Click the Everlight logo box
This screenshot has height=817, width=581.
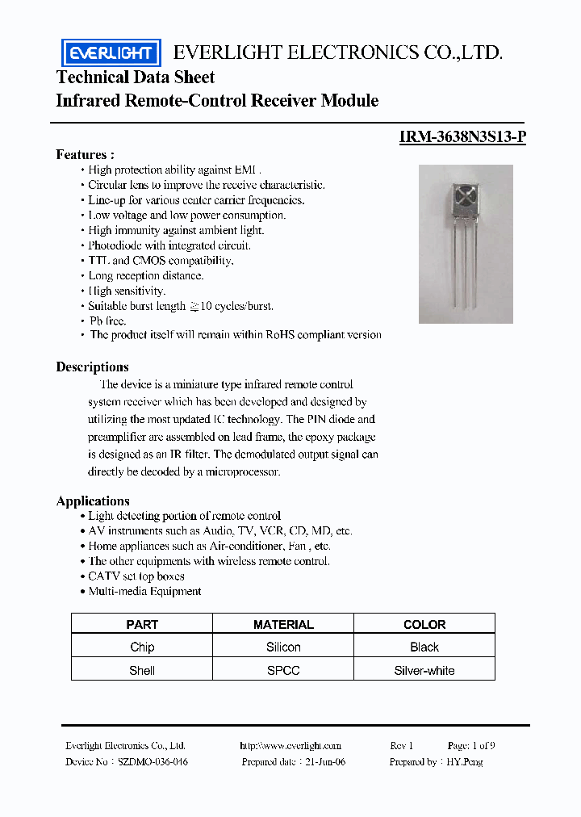[x=111, y=52]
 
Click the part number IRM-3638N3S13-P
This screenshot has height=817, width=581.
[x=462, y=137]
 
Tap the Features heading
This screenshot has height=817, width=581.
[x=85, y=154]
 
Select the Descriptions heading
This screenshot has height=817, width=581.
[x=92, y=367]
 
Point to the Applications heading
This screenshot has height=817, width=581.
[x=93, y=501]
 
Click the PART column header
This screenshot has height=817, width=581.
[x=142, y=624]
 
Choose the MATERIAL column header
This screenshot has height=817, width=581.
[x=283, y=624]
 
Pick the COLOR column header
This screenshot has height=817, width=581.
[x=424, y=624]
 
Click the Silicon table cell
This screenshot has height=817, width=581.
[x=283, y=647]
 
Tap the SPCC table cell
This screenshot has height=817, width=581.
[x=283, y=670]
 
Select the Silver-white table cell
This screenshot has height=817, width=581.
[x=424, y=670]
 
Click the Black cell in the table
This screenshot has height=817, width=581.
[x=424, y=647]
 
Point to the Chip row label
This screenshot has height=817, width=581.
[x=142, y=647]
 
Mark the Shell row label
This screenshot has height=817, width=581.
[x=142, y=670]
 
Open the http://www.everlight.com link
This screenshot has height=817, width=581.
[x=290, y=746]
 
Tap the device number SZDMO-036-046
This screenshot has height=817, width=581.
[x=153, y=762]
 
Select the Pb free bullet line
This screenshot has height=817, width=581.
[x=107, y=321]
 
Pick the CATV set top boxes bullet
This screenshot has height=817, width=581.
[x=136, y=576]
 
